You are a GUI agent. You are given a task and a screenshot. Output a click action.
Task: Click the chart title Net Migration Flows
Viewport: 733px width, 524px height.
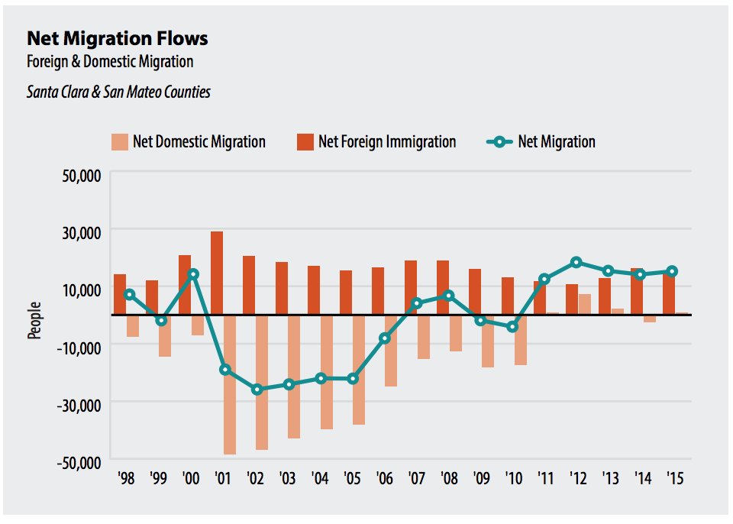pos(117,39)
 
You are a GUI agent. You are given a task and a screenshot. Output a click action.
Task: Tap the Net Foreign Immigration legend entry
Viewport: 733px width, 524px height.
pos(376,142)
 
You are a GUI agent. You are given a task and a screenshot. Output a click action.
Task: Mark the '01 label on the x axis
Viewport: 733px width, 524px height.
pos(223,479)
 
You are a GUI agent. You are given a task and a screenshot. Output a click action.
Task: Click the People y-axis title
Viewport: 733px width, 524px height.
pos(35,321)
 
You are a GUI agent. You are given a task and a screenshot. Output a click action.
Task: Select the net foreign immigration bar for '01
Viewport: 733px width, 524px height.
pos(217,273)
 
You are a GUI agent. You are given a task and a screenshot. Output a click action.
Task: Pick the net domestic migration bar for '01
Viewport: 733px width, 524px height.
pos(229,384)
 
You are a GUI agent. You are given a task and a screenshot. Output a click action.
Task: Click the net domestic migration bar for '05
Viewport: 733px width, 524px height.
pos(358,370)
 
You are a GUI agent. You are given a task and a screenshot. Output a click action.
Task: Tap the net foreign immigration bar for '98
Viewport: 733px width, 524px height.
pos(120,294)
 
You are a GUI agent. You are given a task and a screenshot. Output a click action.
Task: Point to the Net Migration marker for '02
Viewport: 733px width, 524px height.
pos(257,389)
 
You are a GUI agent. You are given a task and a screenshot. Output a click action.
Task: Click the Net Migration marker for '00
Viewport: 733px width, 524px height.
pos(193,273)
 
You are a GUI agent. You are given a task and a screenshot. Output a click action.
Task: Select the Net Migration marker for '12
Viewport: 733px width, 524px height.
pos(576,262)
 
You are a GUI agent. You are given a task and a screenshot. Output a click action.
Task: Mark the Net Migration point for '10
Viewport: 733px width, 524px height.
pos(512,326)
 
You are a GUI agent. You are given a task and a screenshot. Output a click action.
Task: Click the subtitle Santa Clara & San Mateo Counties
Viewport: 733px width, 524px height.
pos(118,92)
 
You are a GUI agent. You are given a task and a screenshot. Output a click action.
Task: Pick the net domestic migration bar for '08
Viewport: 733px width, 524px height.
pos(455,333)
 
